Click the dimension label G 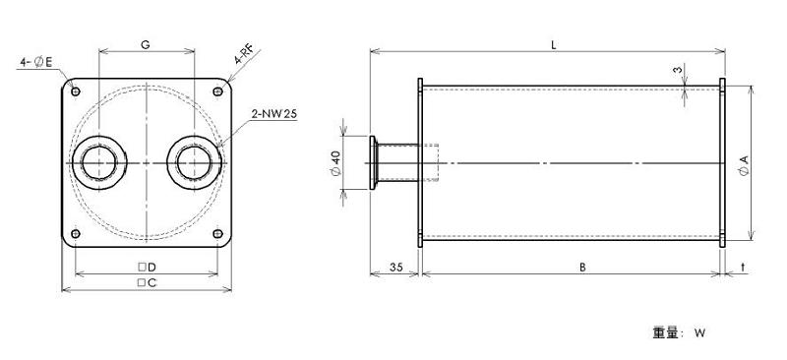(x=145, y=45)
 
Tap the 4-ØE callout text (x=36, y=62)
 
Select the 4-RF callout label (x=244, y=55)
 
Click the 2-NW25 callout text (x=274, y=114)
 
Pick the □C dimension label (x=147, y=283)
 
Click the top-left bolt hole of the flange (x=76, y=91)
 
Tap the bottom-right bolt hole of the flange (x=217, y=233)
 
